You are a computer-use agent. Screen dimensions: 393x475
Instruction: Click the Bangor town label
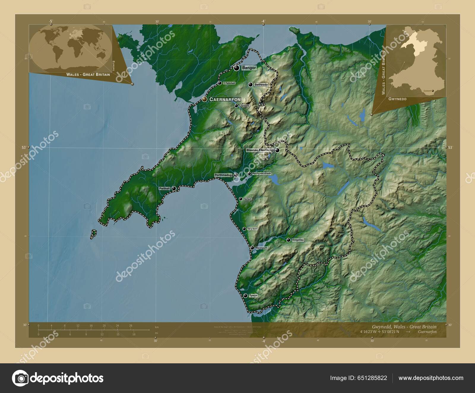[x=249, y=68]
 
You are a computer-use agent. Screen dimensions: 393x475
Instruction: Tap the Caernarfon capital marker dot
[x=205, y=99]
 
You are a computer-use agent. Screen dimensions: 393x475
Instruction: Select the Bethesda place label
[x=261, y=85]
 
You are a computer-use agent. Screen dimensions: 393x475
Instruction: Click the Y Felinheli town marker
[x=220, y=83]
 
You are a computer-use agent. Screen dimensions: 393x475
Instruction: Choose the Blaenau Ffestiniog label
[x=259, y=150]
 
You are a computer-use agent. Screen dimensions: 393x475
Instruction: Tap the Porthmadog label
[x=223, y=175]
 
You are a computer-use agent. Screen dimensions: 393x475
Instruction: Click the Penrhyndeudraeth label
[x=262, y=173]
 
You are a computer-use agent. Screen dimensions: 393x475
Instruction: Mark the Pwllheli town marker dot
[x=174, y=188]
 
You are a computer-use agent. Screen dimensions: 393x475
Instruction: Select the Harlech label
[x=247, y=199]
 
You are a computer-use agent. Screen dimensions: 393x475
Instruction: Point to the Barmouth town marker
[x=252, y=248]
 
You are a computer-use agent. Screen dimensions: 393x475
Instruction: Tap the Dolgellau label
[x=298, y=240]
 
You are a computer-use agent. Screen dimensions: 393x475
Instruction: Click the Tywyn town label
[x=253, y=296]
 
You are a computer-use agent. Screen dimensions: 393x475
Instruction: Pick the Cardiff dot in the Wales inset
[x=433, y=91]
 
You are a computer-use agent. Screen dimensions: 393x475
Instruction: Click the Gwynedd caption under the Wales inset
[x=397, y=99]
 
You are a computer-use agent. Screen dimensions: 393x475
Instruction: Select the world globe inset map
[x=70, y=48]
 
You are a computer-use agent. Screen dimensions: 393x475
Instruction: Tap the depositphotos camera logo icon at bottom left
[x=20, y=378]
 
